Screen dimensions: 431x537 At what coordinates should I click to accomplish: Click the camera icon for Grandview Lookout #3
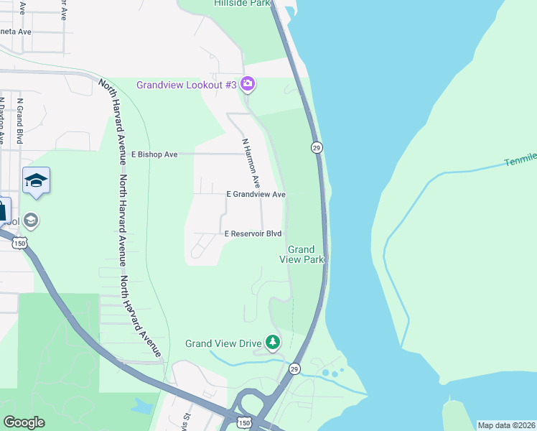click(248, 85)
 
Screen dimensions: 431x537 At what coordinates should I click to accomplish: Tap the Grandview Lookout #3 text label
click(187, 85)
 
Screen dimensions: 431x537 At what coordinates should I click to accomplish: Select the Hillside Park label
click(241, 4)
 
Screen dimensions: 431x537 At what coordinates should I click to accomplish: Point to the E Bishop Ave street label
click(154, 154)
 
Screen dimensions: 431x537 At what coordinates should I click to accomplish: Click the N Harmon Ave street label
click(251, 162)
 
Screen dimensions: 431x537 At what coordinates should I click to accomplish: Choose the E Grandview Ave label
click(256, 195)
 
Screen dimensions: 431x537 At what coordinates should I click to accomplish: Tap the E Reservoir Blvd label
click(253, 234)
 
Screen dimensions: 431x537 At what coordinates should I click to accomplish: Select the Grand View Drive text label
click(223, 343)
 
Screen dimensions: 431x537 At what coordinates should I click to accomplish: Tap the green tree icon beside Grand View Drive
click(273, 342)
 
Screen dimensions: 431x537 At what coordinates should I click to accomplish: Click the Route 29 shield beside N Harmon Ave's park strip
click(316, 147)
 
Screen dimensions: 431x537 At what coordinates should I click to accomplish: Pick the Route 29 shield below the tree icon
click(294, 369)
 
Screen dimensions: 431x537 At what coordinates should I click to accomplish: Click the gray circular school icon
click(31, 221)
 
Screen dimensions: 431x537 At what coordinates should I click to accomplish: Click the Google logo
click(24, 422)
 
